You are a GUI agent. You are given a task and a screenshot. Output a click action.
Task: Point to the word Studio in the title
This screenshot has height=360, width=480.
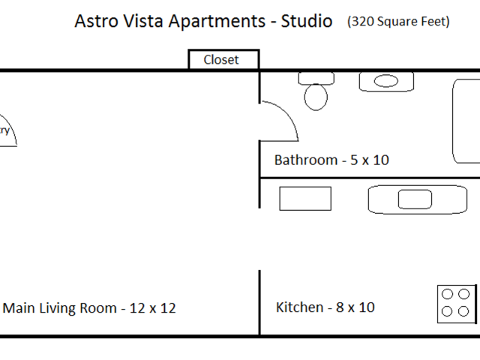(306, 22)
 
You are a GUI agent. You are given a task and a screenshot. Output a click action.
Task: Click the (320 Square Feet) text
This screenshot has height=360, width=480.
(398, 22)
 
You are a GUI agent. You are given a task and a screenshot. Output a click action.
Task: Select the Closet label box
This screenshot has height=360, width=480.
(221, 60)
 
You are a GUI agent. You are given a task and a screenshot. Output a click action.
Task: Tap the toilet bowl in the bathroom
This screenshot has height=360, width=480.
(316, 97)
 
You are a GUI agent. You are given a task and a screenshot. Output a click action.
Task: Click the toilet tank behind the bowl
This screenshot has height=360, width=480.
(316, 77)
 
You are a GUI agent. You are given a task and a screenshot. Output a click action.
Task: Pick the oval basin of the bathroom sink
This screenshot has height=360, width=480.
(387, 81)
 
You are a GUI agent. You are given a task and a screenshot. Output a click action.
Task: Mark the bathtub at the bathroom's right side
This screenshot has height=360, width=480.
(466, 120)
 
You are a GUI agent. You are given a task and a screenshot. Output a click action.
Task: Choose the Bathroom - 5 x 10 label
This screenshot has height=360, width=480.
(331, 160)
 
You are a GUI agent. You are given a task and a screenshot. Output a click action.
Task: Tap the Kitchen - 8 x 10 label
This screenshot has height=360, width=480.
(325, 307)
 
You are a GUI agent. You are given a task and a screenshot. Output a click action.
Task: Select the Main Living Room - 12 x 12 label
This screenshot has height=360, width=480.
(90, 308)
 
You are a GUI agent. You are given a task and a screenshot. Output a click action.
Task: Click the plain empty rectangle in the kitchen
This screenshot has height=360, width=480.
(305, 199)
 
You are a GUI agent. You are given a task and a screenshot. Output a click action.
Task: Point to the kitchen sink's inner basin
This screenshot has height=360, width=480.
(415, 199)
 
